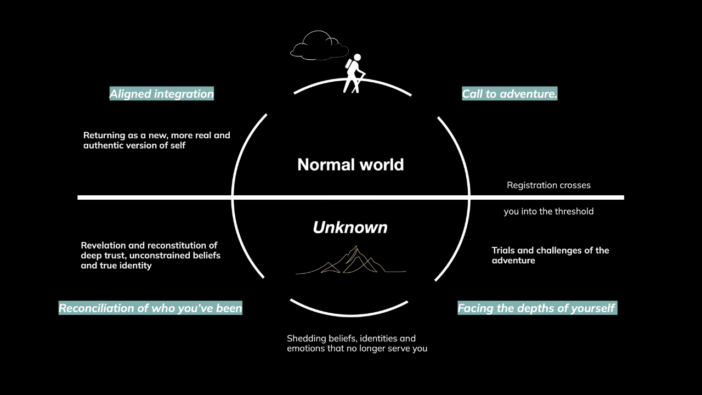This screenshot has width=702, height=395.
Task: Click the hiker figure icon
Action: (354, 73)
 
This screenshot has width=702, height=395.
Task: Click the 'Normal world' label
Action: (350, 165)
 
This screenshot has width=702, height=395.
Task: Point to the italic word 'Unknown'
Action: (350, 227)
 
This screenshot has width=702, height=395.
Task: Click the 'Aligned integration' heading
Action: (162, 94)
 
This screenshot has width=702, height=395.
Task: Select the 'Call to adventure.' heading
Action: (509, 94)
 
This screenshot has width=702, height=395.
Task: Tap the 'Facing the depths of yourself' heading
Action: (537, 308)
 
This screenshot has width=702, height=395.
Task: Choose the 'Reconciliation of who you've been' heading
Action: (150, 308)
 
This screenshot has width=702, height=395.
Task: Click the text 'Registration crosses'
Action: (548, 185)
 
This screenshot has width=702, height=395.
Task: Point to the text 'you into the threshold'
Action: (548, 211)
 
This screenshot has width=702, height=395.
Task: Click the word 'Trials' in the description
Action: (503, 251)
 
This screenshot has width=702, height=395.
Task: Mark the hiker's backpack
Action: (349, 64)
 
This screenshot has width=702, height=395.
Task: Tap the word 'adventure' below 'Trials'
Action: (513, 261)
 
